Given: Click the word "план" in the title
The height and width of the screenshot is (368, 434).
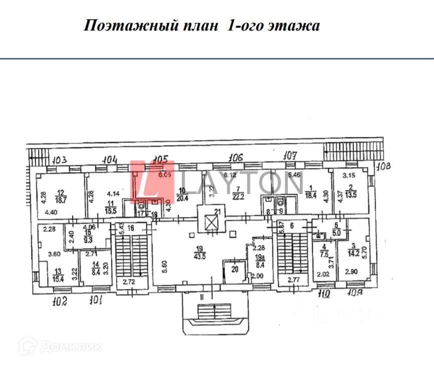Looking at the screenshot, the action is pos(200,25).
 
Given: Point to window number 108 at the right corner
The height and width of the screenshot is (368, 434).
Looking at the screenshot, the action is pos(384,166).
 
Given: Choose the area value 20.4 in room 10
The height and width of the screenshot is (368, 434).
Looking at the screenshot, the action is pos(182,196).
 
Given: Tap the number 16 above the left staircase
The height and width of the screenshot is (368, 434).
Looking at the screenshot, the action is pos(131,227).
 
